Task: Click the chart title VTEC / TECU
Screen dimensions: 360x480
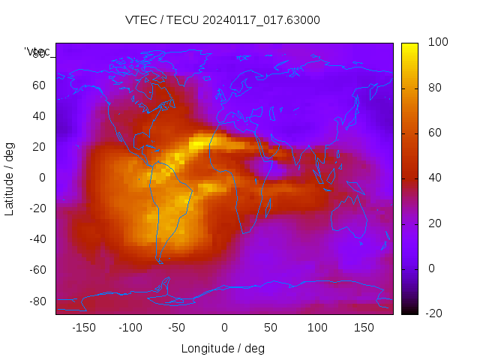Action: (223, 20)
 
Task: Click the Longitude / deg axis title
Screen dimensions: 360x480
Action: (223, 348)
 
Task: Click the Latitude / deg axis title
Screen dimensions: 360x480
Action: (10, 177)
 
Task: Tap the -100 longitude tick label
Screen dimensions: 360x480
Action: (130, 327)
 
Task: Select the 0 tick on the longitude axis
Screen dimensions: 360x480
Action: (223, 327)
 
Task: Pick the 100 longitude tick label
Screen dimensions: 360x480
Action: (317, 327)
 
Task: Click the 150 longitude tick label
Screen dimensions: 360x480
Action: (364, 327)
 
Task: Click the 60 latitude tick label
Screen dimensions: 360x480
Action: (39, 85)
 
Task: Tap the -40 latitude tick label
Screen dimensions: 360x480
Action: (37, 239)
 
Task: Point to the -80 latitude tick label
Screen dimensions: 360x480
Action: (37, 301)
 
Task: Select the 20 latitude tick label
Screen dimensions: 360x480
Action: (39, 147)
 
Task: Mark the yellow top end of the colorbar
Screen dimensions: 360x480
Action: (409, 46)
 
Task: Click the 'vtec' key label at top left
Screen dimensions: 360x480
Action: (37, 52)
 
